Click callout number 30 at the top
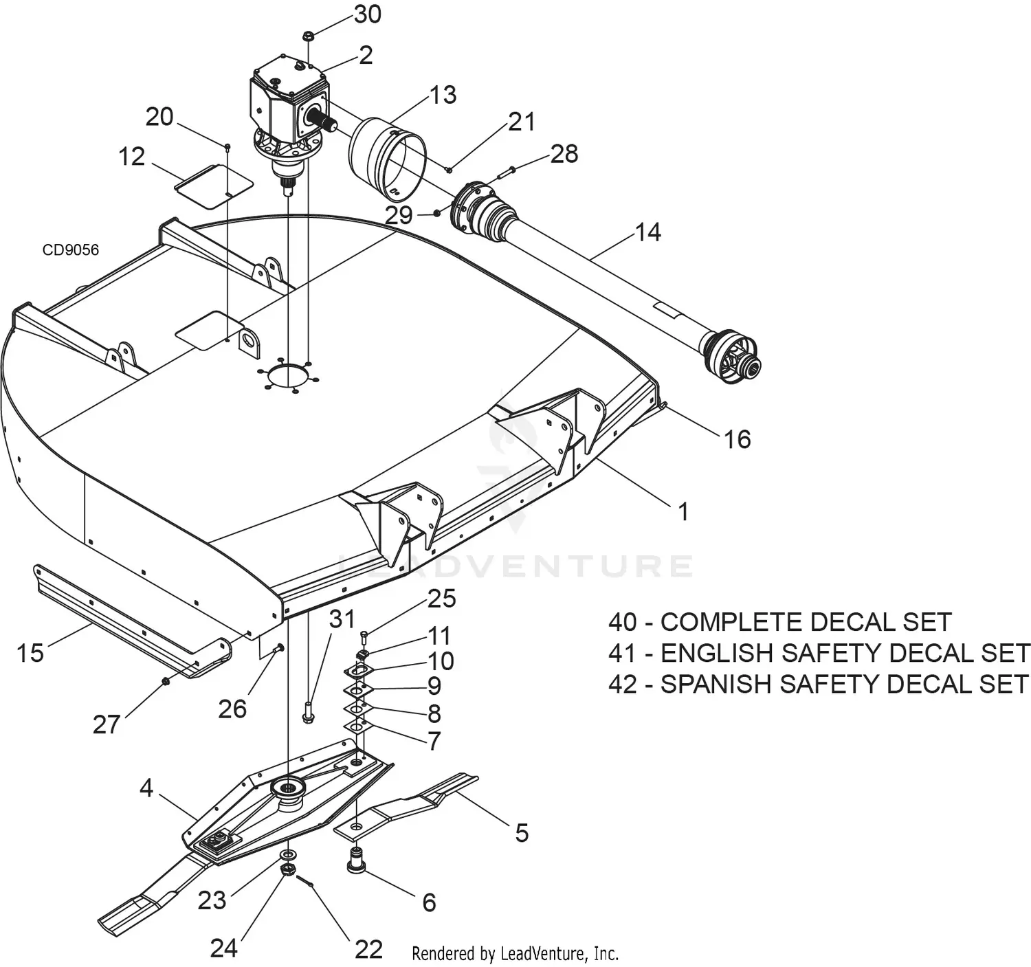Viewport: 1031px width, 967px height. tap(368, 14)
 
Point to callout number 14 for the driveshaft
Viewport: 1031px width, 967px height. tap(647, 232)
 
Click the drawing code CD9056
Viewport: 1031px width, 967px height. tap(71, 249)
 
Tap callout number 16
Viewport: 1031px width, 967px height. tap(737, 439)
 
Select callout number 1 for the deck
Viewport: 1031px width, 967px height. tap(683, 511)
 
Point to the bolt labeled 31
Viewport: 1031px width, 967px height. tap(308, 711)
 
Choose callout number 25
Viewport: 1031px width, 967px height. tap(442, 599)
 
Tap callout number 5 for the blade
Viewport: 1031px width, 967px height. tap(522, 833)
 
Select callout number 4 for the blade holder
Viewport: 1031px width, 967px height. tap(146, 788)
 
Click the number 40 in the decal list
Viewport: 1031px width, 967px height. tap(623, 622)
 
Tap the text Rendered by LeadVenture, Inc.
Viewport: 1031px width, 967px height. tap(515, 953)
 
